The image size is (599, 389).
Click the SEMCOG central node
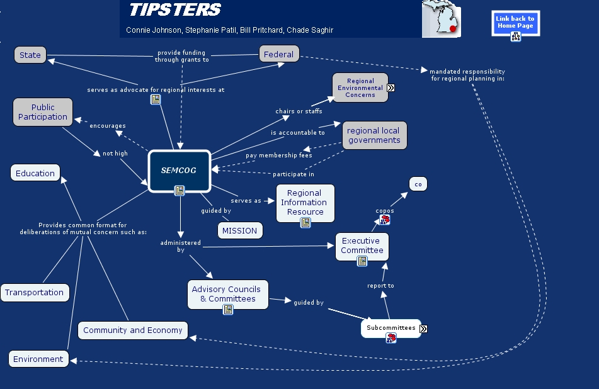pos(179,170)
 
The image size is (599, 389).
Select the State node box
pos(30,55)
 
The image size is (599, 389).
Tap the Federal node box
pos(279,54)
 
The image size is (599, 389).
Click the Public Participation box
pos(43,112)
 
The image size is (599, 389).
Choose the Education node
pos(35,173)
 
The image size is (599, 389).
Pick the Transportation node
pos(35,293)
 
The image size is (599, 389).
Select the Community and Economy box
pos(133,330)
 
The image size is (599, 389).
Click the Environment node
pos(38,359)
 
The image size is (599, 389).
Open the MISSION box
pos(240,230)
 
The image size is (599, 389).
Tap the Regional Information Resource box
pos(305,202)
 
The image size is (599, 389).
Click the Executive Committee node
pos(362,245)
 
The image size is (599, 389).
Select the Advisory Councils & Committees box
pos(227,294)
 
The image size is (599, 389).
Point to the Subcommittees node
pos(391,328)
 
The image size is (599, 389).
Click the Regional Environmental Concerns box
pos(360,87)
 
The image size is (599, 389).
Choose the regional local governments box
pos(374,135)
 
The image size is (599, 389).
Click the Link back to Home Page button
pos(515,23)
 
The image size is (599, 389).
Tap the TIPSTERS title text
pos(175,10)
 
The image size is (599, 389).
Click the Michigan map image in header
pos(441,19)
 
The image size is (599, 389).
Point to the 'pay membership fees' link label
pos(279,155)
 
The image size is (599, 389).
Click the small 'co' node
pos(418,184)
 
